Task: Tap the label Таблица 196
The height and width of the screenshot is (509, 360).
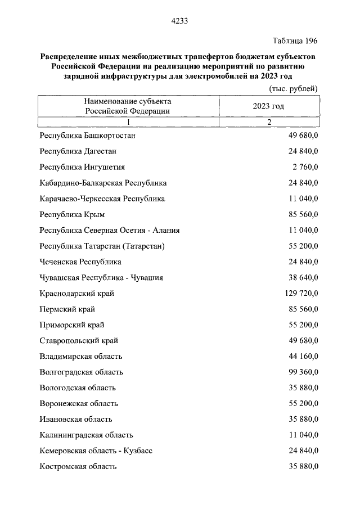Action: [x=295, y=41]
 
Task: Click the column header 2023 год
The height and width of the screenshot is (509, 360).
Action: [x=269, y=106]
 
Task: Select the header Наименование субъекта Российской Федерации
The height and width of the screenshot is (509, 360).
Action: [x=128, y=106]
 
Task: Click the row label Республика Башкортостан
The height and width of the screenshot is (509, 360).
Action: [x=88, y=136]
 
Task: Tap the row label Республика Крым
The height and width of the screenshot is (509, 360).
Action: [x=73, y=214]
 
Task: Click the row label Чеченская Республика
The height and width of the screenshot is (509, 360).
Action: [x=80, y=262]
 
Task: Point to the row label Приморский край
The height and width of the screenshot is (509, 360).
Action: [x=72, y=325]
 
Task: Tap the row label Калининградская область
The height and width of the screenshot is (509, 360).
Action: [x=87, y=435]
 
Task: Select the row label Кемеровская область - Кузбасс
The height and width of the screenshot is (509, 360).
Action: [x=96, y=451]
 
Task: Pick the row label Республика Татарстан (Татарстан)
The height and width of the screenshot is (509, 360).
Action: [x=102, y=246]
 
